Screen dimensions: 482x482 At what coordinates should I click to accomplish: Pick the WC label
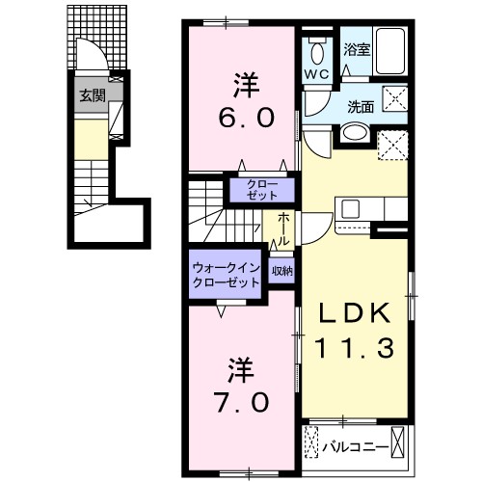[317, 73]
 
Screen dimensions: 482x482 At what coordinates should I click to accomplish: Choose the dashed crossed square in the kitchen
[392, 145]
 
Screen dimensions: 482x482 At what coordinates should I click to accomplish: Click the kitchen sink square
[348, 206]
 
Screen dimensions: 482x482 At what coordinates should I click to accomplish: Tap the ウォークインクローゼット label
[226, 276]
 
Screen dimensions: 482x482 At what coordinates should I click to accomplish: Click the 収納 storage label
[281, 271]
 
